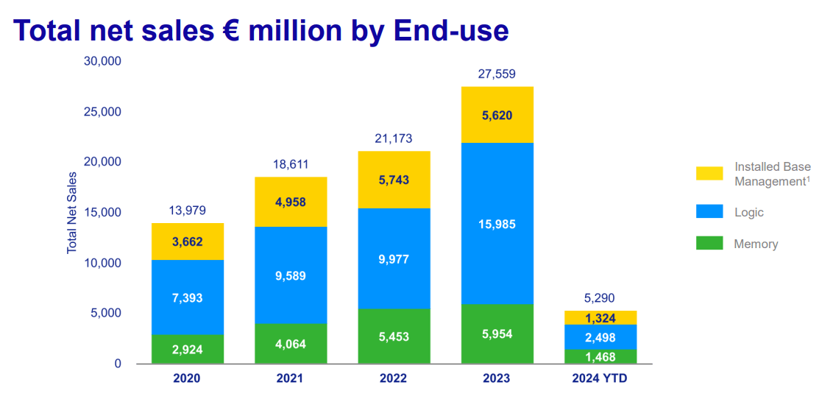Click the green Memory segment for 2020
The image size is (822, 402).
(x=188, y=349)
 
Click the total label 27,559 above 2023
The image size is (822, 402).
(x=497, y=74)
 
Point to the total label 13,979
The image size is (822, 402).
(x=188, y=211)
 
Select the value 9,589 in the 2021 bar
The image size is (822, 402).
(x=291, y=276)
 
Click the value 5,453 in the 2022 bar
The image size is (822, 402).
(x=394, y=336)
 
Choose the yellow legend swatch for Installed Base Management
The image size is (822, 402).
(x=709, y=173)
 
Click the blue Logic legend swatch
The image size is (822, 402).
(x=709, y=212)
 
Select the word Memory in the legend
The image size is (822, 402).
(x=756, y=244)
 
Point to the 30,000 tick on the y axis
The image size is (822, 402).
(x=102, y=61)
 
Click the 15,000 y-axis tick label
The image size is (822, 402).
(x=102, y=213)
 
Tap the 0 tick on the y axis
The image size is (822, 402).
(x=117, y=364)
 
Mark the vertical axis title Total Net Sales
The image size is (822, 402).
(x=72, y=212)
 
